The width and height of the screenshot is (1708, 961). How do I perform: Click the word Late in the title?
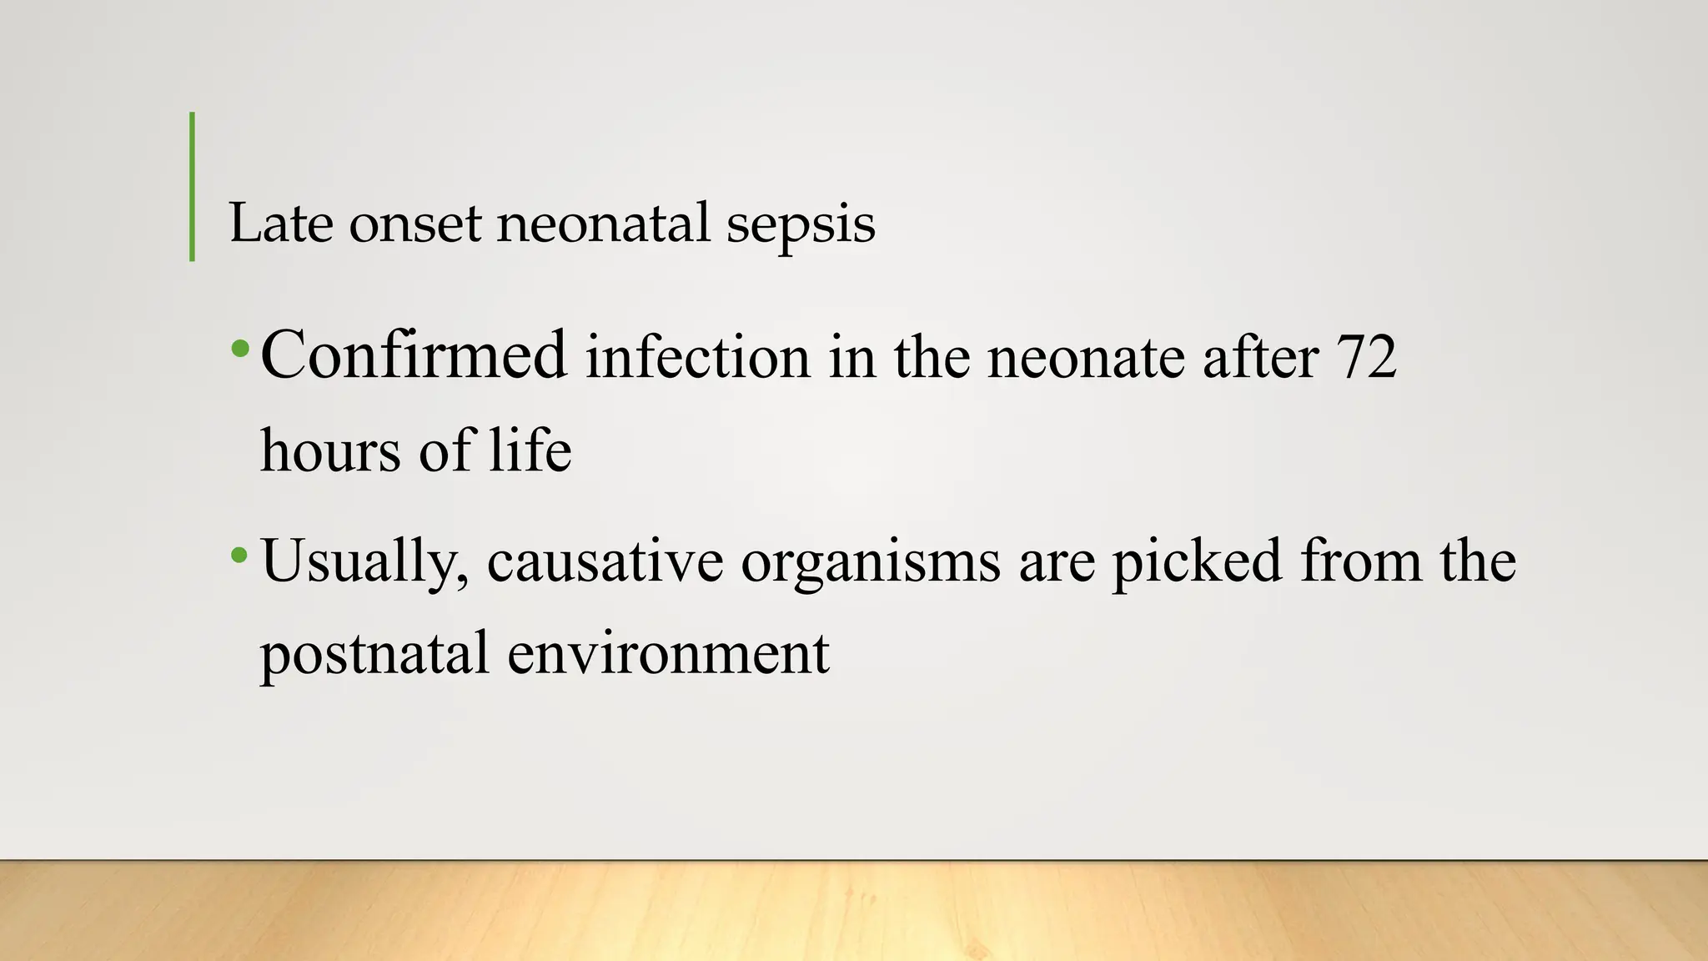[x=280, y=224]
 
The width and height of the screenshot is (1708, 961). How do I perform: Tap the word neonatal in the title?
[x=603, y=224]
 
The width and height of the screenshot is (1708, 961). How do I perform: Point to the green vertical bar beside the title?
[x=193, y=186]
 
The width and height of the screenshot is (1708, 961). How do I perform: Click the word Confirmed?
[x=414, y=355]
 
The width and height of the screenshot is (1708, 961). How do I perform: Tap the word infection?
[x=697, y=358]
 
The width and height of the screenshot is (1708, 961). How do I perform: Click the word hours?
[x=330, y=450]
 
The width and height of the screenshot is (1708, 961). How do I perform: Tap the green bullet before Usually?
[x=240, y=554]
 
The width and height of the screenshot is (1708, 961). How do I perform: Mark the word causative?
[x=605, y=562]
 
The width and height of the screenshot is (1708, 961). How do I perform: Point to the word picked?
[x=1197, y=562]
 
